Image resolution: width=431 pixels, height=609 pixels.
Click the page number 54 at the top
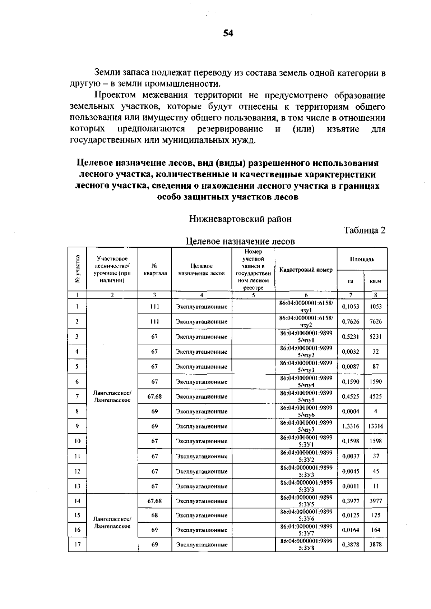(x=228, y=33)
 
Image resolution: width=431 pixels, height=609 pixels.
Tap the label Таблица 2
(x=365, y=230)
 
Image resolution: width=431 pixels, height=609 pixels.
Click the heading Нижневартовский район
(x=240, y=219)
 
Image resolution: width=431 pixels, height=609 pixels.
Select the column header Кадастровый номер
(x=306, y=270)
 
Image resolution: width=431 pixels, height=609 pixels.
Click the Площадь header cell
(x=362, y=259)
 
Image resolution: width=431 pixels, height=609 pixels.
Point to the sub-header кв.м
(x=375, y=281)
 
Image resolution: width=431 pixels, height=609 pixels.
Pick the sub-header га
(x=351, y=281)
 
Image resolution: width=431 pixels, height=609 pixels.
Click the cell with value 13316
(x=376, y=426)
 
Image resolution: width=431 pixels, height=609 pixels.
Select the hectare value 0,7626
(x=351, y=322)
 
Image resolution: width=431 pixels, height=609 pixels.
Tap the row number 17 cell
(x=77, y=544)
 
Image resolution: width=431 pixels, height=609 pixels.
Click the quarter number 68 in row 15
(x=154, y=515)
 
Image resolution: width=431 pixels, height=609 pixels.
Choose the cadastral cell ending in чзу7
(x=306, y=426)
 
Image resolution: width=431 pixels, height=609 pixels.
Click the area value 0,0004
(x=351, y=411)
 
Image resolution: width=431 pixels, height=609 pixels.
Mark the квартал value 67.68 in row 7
(x=154, y=397)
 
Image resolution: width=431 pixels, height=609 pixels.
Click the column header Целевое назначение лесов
(x=201, y=270)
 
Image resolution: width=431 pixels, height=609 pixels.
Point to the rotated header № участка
(x=77, y=269)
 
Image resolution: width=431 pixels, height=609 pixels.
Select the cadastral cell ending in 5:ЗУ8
(x=306, y=544)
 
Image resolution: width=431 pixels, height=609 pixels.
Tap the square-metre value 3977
(x=376, y=501)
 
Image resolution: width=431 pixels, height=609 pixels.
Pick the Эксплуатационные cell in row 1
(x=201, y=307)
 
